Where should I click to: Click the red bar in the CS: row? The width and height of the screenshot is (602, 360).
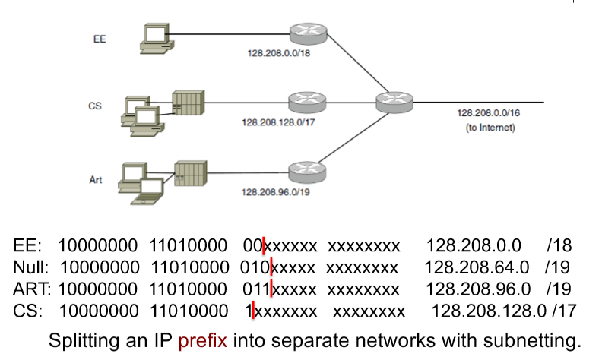pyautogui.click(x=252, y=309)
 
